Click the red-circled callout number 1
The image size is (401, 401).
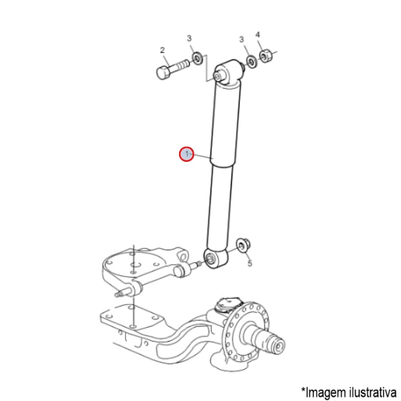click(186, 154)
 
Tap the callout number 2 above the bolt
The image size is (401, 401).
click(162, 50)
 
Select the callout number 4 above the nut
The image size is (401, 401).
click(257, 35)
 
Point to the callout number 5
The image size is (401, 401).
click(249, 263)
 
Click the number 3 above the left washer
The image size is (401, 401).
click(189, 38)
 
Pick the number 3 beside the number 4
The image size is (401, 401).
click(241, 39)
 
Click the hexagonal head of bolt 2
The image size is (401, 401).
click(162, 72)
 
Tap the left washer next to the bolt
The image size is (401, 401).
click(197, 59)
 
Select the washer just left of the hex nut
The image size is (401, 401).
click(252, 61)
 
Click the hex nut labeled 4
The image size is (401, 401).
click(266, 56)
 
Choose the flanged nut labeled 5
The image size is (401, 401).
click(243, 245)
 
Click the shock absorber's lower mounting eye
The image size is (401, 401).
click(215, 258)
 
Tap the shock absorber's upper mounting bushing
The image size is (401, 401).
click(228, 72)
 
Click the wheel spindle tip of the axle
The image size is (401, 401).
click(278, 347)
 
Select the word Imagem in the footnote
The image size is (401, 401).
click(323, 392)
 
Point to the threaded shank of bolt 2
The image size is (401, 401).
click(180, 65)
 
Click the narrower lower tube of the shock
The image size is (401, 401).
click(220, 207)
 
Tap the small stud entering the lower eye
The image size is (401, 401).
click(198, 264)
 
